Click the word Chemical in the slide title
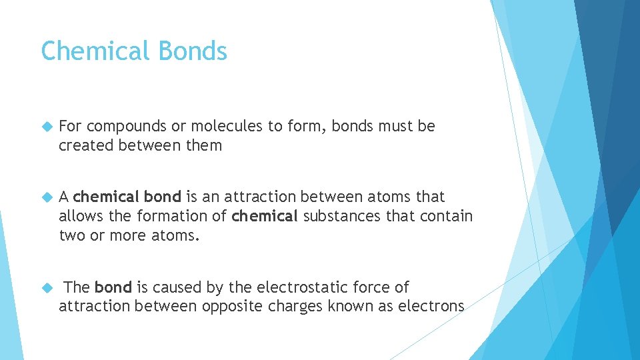93,51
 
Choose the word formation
171,215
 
